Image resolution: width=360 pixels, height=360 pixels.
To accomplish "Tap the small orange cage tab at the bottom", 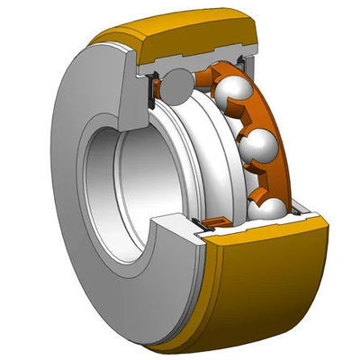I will (213, 221).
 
